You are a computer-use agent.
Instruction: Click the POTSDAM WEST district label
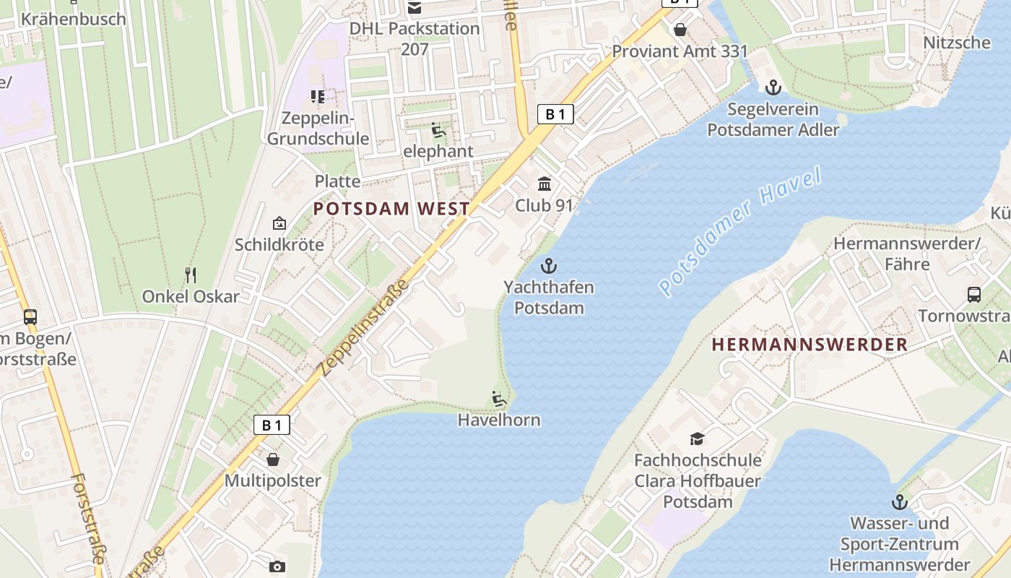pyautogui.click(x=391, y=209)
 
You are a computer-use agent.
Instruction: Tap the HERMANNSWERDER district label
pyautogui.click(x=810, y=345)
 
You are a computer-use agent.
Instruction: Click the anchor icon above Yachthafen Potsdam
pyautogui.click(x=549, y=266)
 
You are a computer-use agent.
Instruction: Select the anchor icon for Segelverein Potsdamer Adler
pyautogui.click(x=773, y=88)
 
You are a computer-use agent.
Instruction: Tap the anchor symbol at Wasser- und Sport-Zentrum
pyautogui.click(x=899, y=501)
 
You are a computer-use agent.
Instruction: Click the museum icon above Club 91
pyautogui.click(x=544, y=184)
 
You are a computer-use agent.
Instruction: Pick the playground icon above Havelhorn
pyautogui.click(x=498, y=399)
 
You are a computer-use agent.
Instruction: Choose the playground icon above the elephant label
pyautogui.click(x=438, y=131)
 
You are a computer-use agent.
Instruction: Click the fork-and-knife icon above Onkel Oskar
pyautogui.click(x=191, y=275)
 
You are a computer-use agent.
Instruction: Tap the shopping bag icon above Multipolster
pyautogui.click(x=273, y=460)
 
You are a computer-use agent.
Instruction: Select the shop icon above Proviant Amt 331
pyautogui.click(x=680, y=30)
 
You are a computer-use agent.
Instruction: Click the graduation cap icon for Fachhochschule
pyautogui.click(x=697, y=439)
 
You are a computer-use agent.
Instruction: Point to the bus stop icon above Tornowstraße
pyautogui.click(x=973, y=295)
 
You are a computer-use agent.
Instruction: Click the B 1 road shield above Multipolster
pyautogui.click(x=272, y=425)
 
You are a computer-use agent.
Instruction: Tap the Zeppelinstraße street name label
pyautogui.click(x=363, y=327)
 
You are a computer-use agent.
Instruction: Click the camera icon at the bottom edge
pyautogui.click(x=277, y=567)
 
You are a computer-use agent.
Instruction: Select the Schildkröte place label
pyautogui.click(x=279, y=244)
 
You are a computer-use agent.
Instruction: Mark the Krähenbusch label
pyautogui.click(x=74, y=19)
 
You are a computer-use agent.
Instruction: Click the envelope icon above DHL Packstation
pyautogui.click(x=415, y=8)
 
